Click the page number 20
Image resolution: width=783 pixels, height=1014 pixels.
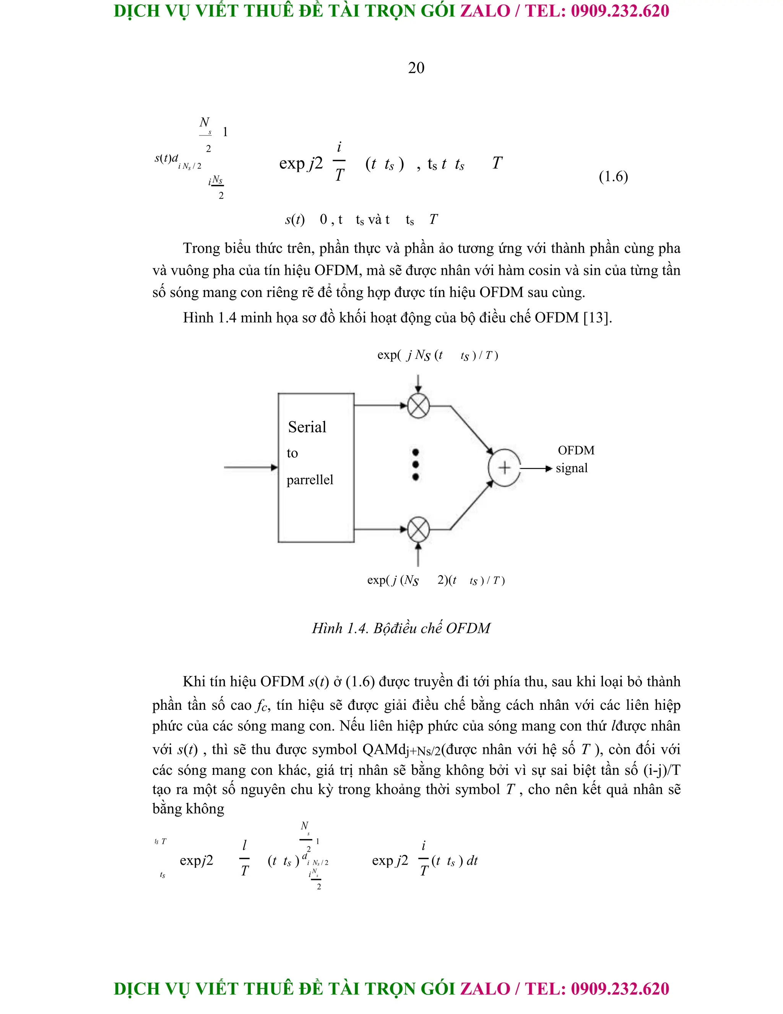[x=416, y=68]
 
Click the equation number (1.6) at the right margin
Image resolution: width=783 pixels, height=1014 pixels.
[x=613, y=176]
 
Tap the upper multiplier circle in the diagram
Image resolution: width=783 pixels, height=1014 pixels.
[x=418, y=406]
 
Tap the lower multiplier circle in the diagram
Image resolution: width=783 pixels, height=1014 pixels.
[x=418, y=529]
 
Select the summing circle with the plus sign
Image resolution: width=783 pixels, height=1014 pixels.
[x=504, y=468]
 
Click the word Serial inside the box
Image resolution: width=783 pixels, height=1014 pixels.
[x=307, y=427]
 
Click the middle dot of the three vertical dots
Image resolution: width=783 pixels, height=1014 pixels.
[x=416, y=464]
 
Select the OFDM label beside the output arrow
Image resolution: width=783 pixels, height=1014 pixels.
[x=576, y=450]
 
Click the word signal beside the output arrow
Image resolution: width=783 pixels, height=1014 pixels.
[x=572, y=468]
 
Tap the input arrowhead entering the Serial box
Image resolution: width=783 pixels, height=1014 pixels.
[x=274, y=468]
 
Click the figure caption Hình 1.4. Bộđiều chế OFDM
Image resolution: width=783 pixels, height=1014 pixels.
[x=401, y=628]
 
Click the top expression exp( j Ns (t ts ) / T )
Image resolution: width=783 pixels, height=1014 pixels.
[x=437, y=355]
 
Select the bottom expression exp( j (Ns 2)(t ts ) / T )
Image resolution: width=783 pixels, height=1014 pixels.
[x=435, y=580]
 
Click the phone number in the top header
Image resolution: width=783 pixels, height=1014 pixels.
[x=620, y=11]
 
